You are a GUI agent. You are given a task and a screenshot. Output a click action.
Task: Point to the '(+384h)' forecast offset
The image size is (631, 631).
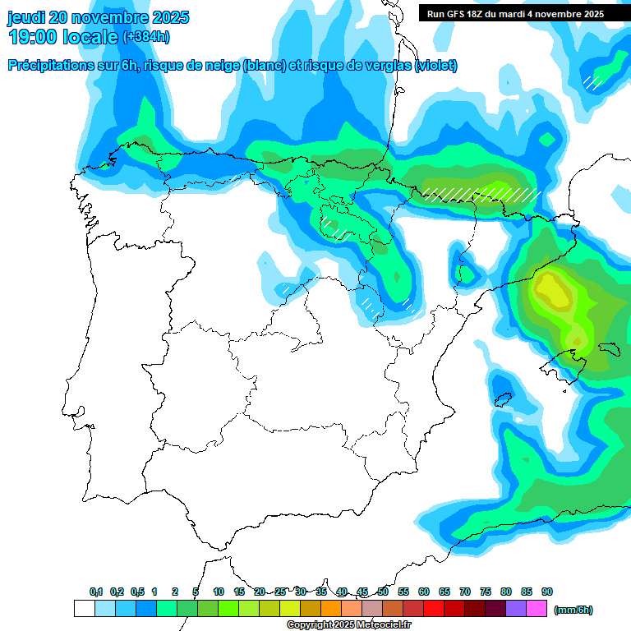pyautogui.click(x=146, y=37)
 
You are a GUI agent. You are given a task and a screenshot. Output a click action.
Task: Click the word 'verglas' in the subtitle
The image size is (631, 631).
pyautogui.click(x=380, y=66)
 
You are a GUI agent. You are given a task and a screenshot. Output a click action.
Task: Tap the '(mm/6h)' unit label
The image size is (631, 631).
pyautogui.click(x=573, y=610)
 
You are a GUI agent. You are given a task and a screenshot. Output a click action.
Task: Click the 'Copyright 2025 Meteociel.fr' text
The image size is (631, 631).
pyautogui.click(x=348, y=625)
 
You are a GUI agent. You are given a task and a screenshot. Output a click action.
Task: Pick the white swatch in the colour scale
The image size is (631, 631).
pyautogui.click(x=84, y=609)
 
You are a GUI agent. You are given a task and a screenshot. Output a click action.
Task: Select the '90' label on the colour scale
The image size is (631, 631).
pyautogui.click(x=547, y=592)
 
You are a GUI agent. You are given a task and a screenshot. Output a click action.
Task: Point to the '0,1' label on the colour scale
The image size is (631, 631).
pyautogui.click(x=96, y=592)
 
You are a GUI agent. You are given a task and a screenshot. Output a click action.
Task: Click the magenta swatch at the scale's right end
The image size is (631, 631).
pyautogui.click(x=537, y=609)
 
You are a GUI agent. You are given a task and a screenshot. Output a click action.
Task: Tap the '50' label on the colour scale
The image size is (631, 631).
pyautogui.click(x=383, y=592)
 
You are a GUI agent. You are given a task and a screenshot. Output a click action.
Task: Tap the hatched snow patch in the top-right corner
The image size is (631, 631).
pyautogui.click(x=592, y=81)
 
